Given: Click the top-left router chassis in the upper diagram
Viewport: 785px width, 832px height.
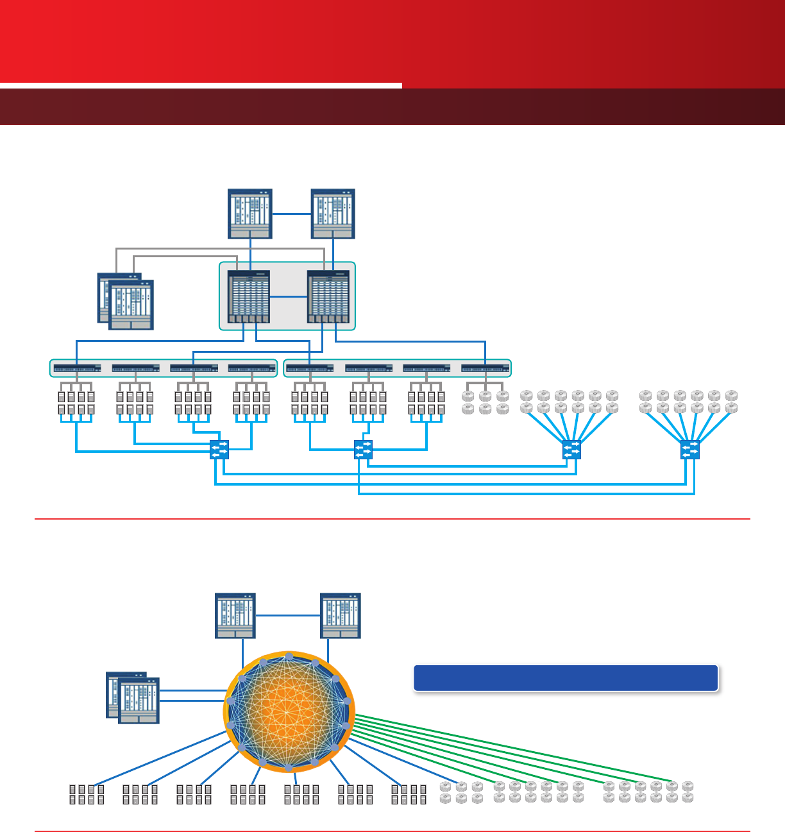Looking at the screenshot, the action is (250, 214).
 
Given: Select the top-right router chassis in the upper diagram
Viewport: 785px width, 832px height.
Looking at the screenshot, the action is (333, 214).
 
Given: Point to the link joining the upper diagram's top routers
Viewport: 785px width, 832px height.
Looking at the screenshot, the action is (292, 214).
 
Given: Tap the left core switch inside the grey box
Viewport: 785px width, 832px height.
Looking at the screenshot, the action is (249, 297).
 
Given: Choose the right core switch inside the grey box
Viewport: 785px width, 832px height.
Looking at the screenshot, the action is (328, 297).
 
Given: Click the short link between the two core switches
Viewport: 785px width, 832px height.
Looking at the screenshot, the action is (289, 296).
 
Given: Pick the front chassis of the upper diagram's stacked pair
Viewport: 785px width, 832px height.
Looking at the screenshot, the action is (131, 305).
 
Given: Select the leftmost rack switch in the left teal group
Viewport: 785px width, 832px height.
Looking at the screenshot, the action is (77, 369).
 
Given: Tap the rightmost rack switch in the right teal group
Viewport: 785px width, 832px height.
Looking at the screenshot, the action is (485, 369).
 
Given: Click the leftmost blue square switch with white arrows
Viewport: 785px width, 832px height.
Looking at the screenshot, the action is (219, 450).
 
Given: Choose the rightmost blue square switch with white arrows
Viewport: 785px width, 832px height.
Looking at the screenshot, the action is (690, 450).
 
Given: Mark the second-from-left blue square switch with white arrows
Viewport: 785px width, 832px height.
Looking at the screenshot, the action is (363, 450).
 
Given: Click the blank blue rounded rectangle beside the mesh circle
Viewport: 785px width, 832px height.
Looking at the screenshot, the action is (565, 678).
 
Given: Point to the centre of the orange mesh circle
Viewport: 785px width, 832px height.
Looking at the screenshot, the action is (289, 712).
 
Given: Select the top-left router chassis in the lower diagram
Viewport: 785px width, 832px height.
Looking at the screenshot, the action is (235, 615).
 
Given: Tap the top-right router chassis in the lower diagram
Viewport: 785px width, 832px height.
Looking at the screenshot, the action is (341, 615).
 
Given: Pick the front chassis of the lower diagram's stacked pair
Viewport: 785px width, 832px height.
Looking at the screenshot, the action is (139, 700).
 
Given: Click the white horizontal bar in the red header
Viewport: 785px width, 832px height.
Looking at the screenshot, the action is (201, 85).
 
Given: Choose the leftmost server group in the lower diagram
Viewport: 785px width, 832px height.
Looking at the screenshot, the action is (87, 794).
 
